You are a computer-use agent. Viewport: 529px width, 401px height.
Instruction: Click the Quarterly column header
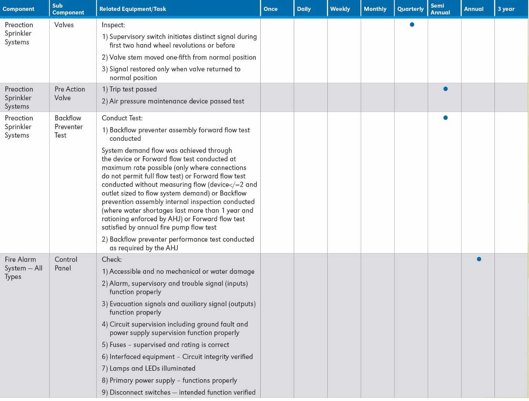[410, 9]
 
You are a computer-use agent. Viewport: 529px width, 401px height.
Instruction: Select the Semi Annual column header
[440, 9]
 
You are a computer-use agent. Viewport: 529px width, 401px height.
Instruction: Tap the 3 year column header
[506, 9]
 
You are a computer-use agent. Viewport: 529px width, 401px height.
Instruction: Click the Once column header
[270, 9]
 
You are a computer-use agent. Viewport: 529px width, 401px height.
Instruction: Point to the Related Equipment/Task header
[133, 9]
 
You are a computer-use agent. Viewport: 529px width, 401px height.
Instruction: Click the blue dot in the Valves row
[412, 25]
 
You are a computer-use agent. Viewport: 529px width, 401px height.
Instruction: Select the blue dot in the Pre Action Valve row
[445, 89]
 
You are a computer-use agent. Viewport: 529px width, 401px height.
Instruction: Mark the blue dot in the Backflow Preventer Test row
[445, 118]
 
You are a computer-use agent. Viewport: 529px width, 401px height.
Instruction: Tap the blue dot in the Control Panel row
[479, 259]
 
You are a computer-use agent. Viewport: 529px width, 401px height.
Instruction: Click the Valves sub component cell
[64, 25]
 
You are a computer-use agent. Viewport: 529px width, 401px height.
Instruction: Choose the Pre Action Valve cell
[69, 94]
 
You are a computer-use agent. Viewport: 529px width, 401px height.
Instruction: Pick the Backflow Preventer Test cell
[68, 127]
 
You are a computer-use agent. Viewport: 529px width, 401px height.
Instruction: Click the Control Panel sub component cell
[66, 264]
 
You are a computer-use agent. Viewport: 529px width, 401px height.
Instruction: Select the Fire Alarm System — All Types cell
[23, 268]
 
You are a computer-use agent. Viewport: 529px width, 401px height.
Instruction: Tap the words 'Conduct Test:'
[122, 118]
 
